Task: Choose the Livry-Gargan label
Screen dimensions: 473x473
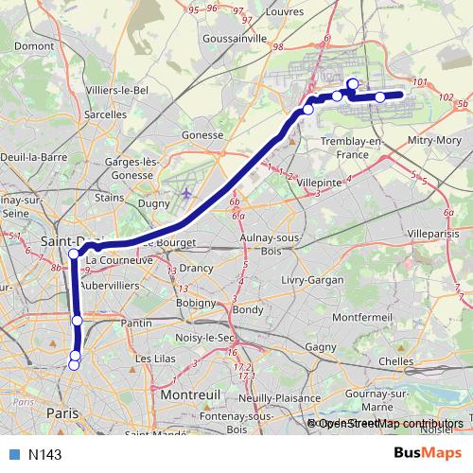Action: [x=309, y=282]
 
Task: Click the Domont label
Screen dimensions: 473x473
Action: [x=35, y=45]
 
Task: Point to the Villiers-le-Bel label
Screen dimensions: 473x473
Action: [x=118, y=90]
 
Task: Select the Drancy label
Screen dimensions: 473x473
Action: [x=196, y=268]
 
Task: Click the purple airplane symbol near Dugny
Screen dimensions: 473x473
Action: [x=185, y=194]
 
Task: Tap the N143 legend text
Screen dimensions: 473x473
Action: [x=44, y=455]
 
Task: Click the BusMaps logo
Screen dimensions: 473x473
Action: [x=428, y=454]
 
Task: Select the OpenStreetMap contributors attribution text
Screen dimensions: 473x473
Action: [x=391, y=423]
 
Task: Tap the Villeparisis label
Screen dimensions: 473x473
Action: [x=431, y=231]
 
